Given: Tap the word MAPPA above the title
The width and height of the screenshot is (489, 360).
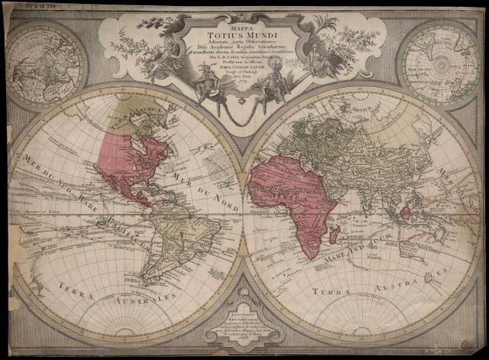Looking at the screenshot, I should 244,23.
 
